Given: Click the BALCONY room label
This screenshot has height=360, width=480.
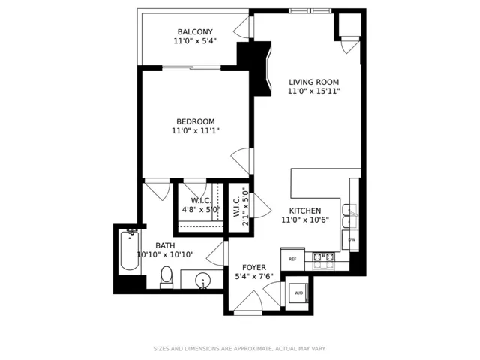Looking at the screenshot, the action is click(195, 31).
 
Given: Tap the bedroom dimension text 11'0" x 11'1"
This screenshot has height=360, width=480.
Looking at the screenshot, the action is click(196, 131).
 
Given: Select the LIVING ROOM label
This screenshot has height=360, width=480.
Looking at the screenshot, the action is click(314, 82).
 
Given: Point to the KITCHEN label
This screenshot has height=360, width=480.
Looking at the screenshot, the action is click(305, 211).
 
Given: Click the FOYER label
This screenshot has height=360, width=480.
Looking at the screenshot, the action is click(254, 267).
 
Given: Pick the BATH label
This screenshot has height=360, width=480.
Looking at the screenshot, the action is click(165, 245).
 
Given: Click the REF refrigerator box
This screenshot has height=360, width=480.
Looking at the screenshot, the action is click(292, 259).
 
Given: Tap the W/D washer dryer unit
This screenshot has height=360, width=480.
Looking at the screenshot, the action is click(298, 293).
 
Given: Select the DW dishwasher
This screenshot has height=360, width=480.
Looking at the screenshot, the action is click(352, 240).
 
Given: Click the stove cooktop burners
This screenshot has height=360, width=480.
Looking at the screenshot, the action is click(324, 261).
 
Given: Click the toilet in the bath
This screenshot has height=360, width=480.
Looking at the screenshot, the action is click(166, 277).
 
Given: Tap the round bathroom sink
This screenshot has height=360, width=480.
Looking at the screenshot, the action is click(202, 280).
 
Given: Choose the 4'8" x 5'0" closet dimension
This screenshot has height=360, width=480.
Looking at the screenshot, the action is click(201, 210).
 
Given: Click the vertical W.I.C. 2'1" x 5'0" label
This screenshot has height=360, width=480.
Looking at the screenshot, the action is click(241, 207).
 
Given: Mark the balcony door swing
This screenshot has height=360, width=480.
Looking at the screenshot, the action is click(242, 27).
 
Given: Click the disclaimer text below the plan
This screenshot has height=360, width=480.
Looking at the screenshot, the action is click(240, 348).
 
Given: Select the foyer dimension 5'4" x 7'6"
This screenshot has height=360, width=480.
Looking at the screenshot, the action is click(254, 277).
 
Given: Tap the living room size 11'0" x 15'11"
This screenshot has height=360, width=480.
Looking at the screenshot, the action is click(314, 91).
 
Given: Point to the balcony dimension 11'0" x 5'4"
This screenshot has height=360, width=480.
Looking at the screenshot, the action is click(195, 41).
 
